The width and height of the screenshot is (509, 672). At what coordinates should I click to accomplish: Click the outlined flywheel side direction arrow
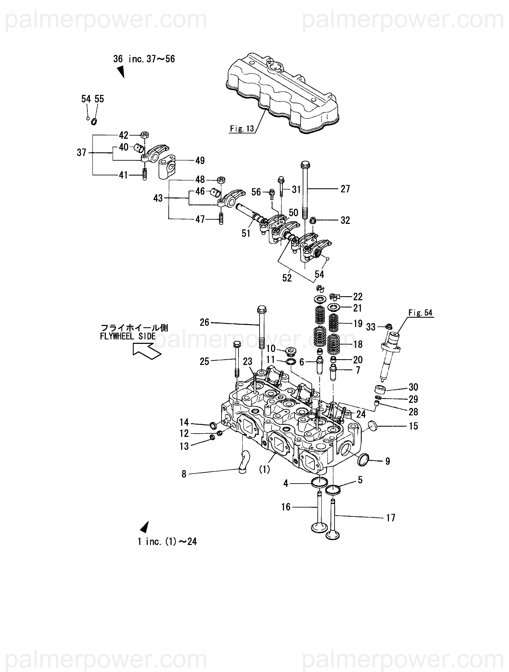pyautogui.click(x=147, y=351)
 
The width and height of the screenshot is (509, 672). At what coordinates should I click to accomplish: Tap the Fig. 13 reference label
pyautogui.click(x=242, y=129)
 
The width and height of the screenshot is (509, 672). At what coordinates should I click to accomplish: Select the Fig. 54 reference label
pyautogui.click(x=420, y=313)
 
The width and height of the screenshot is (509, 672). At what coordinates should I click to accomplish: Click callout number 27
pyautogui.click(x=345, y=189)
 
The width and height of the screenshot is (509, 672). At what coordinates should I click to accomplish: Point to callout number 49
pyautogui.click(x=200, y=160)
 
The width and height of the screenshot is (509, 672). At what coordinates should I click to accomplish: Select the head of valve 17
pyautogui.click(x=333, y=535)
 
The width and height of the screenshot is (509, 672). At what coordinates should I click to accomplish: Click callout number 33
pyautogui.click(x=371, y=327)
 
